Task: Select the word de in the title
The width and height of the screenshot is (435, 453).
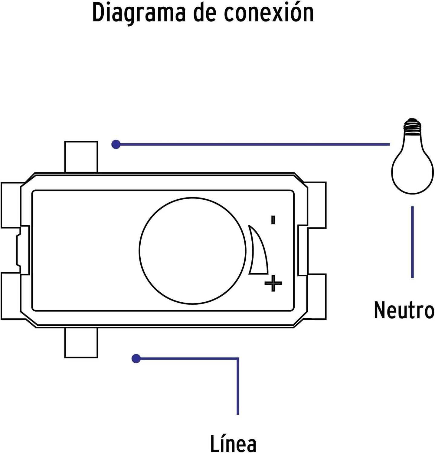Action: click(204, 13)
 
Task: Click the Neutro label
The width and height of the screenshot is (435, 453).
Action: click(404, 310)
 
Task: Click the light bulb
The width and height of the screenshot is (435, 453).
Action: click(412, 156)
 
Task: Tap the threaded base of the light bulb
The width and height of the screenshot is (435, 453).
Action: click(412, 126)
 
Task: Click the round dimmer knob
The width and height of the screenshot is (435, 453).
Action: click(192, 251)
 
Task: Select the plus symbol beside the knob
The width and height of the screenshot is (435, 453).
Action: click(273, 283)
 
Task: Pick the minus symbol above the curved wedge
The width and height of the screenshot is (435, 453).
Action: click(273, 220)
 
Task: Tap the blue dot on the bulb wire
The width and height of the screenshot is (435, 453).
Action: click(116, 144)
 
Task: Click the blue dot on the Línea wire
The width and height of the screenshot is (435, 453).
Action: click(136, 358)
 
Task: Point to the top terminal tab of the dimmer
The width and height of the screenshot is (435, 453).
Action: click(81, 157)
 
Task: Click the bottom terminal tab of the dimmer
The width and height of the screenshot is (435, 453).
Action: click(81, 343)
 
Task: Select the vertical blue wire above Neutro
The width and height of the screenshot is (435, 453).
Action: click(412, 242)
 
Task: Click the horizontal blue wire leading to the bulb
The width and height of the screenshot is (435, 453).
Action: click(253, 144)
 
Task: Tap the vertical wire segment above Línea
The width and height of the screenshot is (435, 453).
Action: click(238, 387)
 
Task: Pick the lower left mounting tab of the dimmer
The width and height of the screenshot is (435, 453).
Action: click(11, 296)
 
